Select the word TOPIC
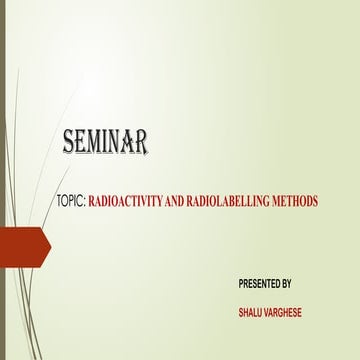tap(71, 201)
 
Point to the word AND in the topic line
tap(182, 201)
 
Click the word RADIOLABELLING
tap(236, 201)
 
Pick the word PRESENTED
tap(259, 284)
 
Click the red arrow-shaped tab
tap(22, 243)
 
